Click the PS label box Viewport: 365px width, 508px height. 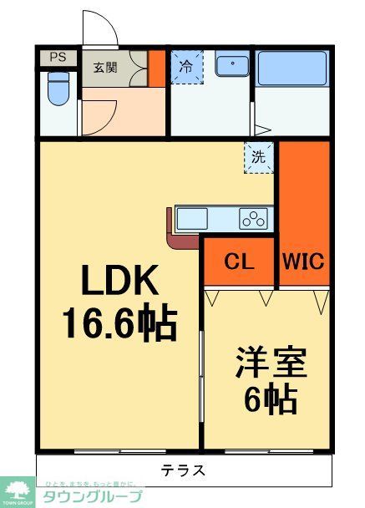click(x=57, y=58)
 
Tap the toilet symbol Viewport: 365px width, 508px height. click(x=58, y=88)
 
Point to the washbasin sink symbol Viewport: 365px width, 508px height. click(x=231, y=65)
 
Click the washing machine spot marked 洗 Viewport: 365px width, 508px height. click(x=258, y=156)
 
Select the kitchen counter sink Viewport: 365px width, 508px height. click(x=192, y=219)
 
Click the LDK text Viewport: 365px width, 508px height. click(x=119, y=283)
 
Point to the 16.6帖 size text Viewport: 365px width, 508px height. click(x=119, y=323)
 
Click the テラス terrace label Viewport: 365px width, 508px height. click(x=183, y=470)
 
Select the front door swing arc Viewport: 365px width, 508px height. click(x=100, y=28)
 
